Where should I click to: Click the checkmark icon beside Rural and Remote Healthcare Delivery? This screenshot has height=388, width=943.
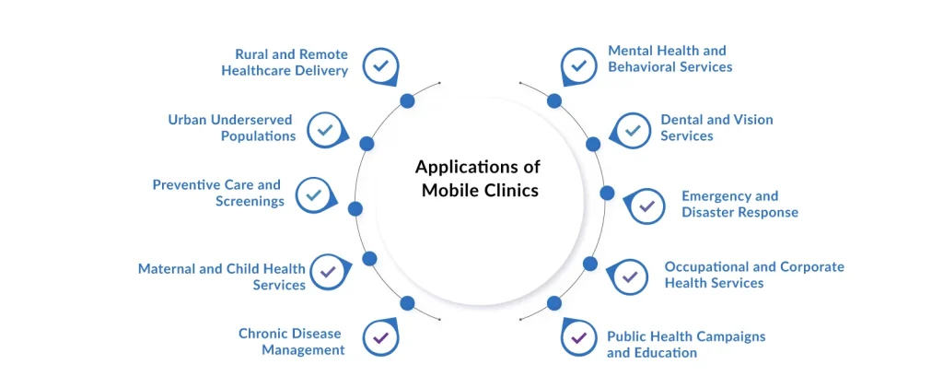pyautogui.click(x=379, y=65)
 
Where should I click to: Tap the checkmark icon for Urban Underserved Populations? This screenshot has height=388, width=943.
pyautogui.click(x=323, y=130)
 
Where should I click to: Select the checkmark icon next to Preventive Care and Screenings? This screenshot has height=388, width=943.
pyautogui.click(x=312, y=194)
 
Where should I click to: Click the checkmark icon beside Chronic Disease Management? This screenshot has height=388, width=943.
pyautogui.click(x=379, y=337)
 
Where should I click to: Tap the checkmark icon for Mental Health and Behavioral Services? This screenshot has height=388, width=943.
pyautogui.click(x=578, y=65)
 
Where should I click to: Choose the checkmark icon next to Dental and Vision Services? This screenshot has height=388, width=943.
pyautogui.click(x=631, y=130)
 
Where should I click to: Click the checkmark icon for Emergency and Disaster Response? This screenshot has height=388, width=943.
pyautogui.click(x=646, y=206)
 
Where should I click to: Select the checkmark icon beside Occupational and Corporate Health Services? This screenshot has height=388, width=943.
pyautogui.click(x=630, y=276)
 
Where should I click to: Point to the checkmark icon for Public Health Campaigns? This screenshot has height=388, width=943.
pyautogui.click(x=578, y=338)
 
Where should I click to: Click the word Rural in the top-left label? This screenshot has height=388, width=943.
pyautogui.click(x=252, y=54)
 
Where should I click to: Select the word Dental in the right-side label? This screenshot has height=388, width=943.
pyautogui.click(x=681, y=120)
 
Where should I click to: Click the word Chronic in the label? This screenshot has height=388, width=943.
pyautogui.click(x=264, y=334)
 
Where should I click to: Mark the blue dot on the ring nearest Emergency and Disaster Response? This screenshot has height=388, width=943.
pyautogui.click(x=607, y=193)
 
